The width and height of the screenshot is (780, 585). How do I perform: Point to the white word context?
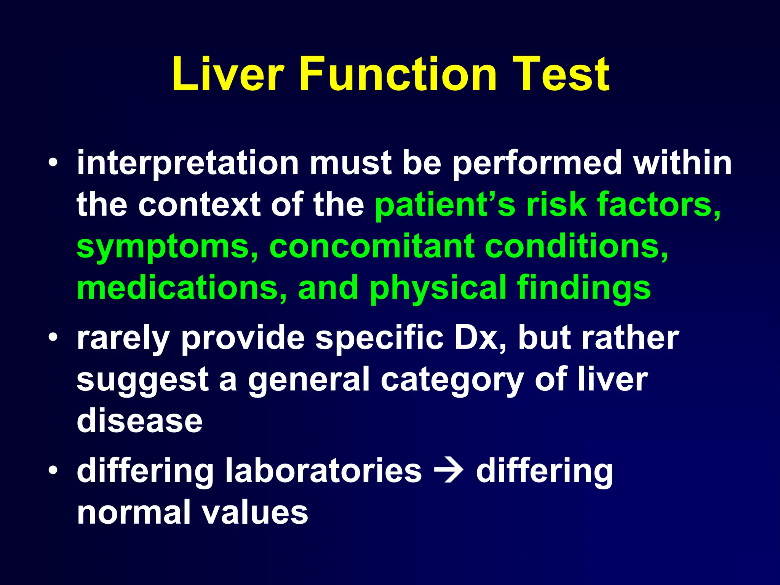pos(199,205)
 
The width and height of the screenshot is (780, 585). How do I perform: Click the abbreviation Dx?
pos(481,338)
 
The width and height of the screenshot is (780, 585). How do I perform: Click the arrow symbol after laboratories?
pos(449,472)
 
